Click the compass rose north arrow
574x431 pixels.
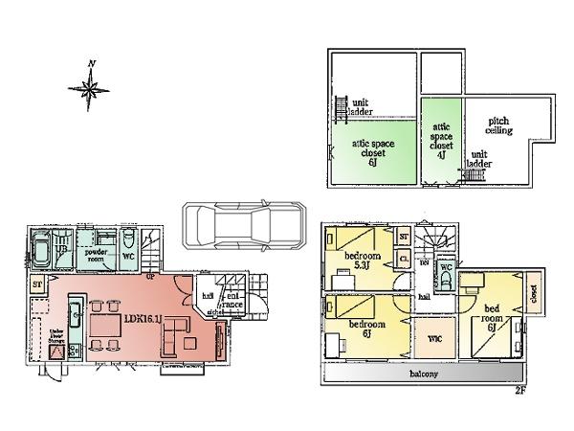pyautogui.click(x=90, y=88)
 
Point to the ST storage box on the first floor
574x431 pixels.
pyautogui.click(x=36, y=284)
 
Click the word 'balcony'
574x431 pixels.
pyautogui.click(x=424, y=374)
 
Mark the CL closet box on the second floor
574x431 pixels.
pyautogui.click(x=404, y=259)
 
